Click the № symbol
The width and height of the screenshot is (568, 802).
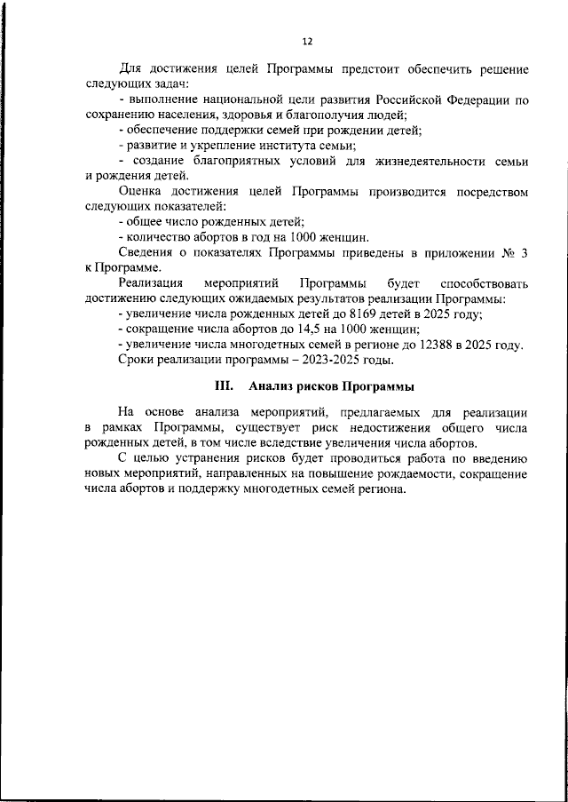(x=508, y=253)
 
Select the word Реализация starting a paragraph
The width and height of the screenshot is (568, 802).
(x=154, y=283)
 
